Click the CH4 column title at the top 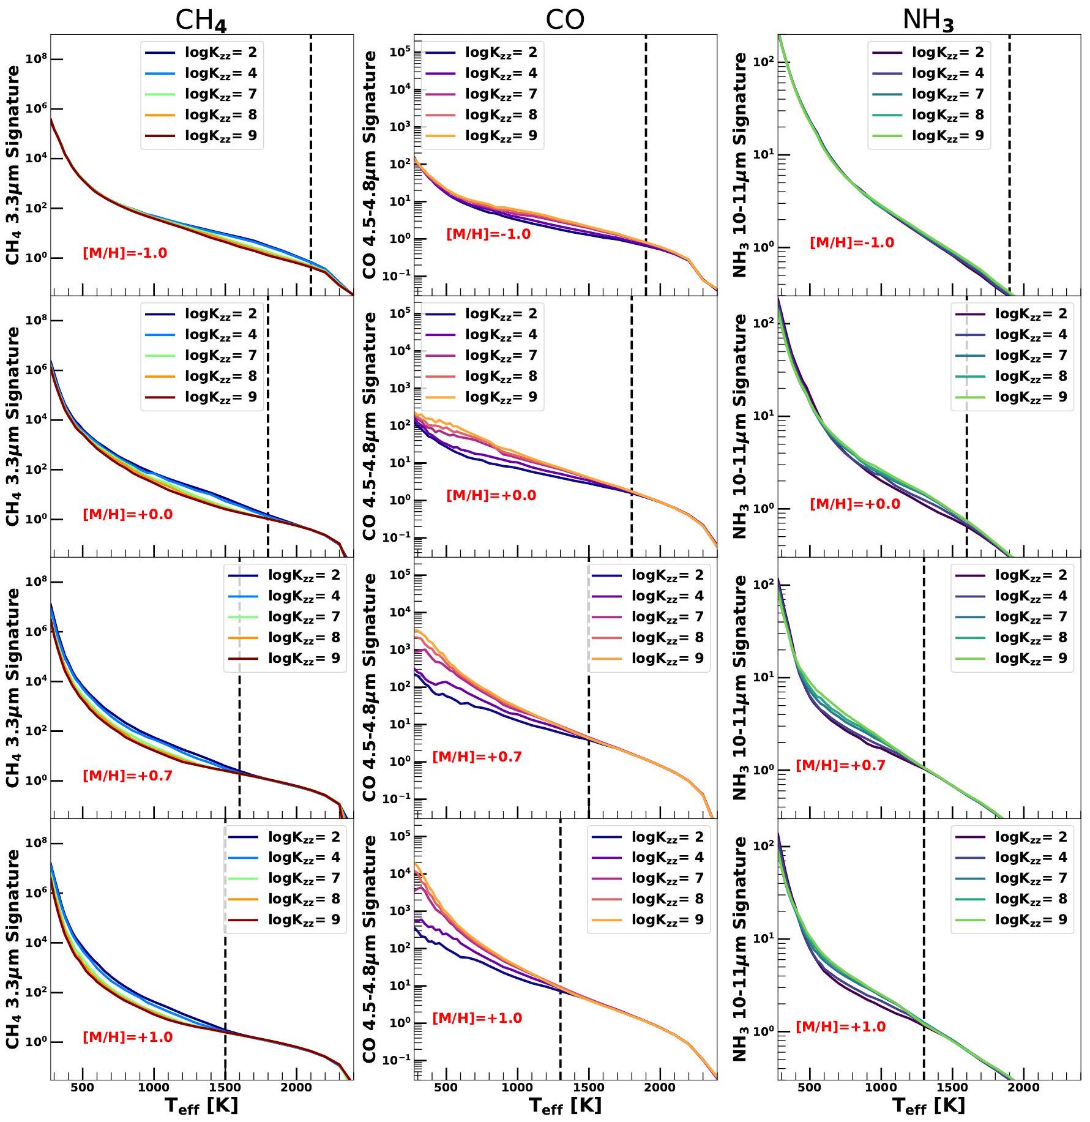(x=201, y=20)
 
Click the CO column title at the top (x=565, y=20)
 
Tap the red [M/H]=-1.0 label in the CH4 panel (x=125, y=253)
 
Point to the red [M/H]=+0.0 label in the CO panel (x=491, y=495)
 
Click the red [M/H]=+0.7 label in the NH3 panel (x=840, y=765)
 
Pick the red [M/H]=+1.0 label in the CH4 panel (x=127, y=1037)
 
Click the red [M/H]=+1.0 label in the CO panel (x=477, y=1018)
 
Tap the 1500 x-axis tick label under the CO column (x=589, y=1087)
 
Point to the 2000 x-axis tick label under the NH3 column (x=1023, y=1087)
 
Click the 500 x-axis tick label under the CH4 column (x=82, y=1087)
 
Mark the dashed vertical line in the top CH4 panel (x=311, y=184)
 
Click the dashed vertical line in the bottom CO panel (x=560, y=979)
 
